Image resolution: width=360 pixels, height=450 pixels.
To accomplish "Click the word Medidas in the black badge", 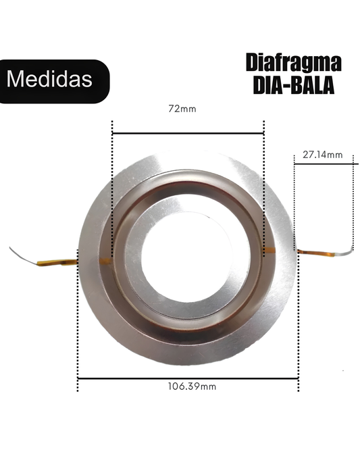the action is pos(49,78).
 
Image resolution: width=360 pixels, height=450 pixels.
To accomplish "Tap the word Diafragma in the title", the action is pos(293,62).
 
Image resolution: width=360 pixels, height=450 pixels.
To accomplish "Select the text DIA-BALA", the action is pos(294,85).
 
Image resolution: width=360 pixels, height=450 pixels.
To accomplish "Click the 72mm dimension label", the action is pos(182,109).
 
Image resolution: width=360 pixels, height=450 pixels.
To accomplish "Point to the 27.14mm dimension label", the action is pos(322,155).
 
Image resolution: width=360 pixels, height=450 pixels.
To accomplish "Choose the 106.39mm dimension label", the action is pos(192,386).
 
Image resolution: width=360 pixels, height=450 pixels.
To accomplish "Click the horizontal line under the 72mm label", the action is pos(188,134).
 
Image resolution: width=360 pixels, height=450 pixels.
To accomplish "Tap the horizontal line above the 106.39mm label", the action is pos(188,379).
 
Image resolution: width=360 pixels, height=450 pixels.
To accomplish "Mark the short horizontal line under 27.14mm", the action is pos(326,164).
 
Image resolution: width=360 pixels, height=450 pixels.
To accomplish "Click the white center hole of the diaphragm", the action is pos(186,257).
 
